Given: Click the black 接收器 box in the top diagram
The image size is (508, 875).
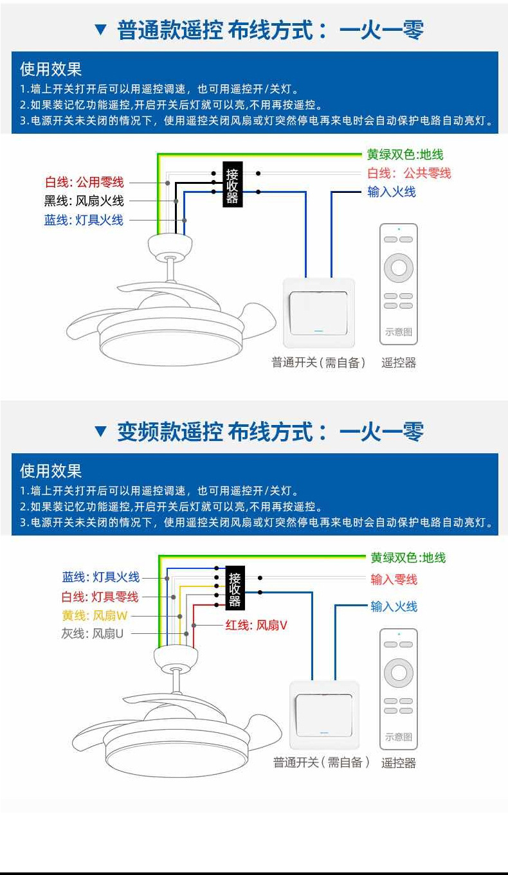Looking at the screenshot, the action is [232, 184].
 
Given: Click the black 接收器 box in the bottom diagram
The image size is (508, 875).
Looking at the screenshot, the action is [235, 589].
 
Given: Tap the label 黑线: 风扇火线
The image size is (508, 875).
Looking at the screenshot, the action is [84, 201].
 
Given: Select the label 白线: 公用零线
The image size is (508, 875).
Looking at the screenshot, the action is [84, 183].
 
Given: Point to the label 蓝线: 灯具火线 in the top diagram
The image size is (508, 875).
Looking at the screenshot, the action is [84, 220].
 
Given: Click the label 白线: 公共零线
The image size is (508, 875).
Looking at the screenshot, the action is [409, 173].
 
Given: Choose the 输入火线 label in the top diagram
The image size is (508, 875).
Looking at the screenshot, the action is [392, 192].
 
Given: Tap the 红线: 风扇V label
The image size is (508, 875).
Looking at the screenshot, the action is [256, 625].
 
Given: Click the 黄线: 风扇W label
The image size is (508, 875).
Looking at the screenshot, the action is [95, 615].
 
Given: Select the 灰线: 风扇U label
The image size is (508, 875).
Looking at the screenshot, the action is [93, 634].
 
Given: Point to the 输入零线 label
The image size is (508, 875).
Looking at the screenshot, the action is [394, 579].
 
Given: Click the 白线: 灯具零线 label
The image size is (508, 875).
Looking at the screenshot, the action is [100, 597].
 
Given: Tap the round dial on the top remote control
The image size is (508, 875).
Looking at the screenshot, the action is [399, 267].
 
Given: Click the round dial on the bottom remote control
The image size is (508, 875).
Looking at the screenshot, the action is [399, 672].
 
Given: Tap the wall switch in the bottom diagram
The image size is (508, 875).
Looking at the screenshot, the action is [323, 715].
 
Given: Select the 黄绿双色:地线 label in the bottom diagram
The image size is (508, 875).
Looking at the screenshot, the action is [408, 557].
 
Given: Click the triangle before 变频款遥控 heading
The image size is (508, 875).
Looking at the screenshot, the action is [100, 431].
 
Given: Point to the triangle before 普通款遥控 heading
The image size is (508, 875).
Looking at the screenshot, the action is [100, 29].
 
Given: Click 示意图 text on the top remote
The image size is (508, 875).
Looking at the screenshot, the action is [399, 332].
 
